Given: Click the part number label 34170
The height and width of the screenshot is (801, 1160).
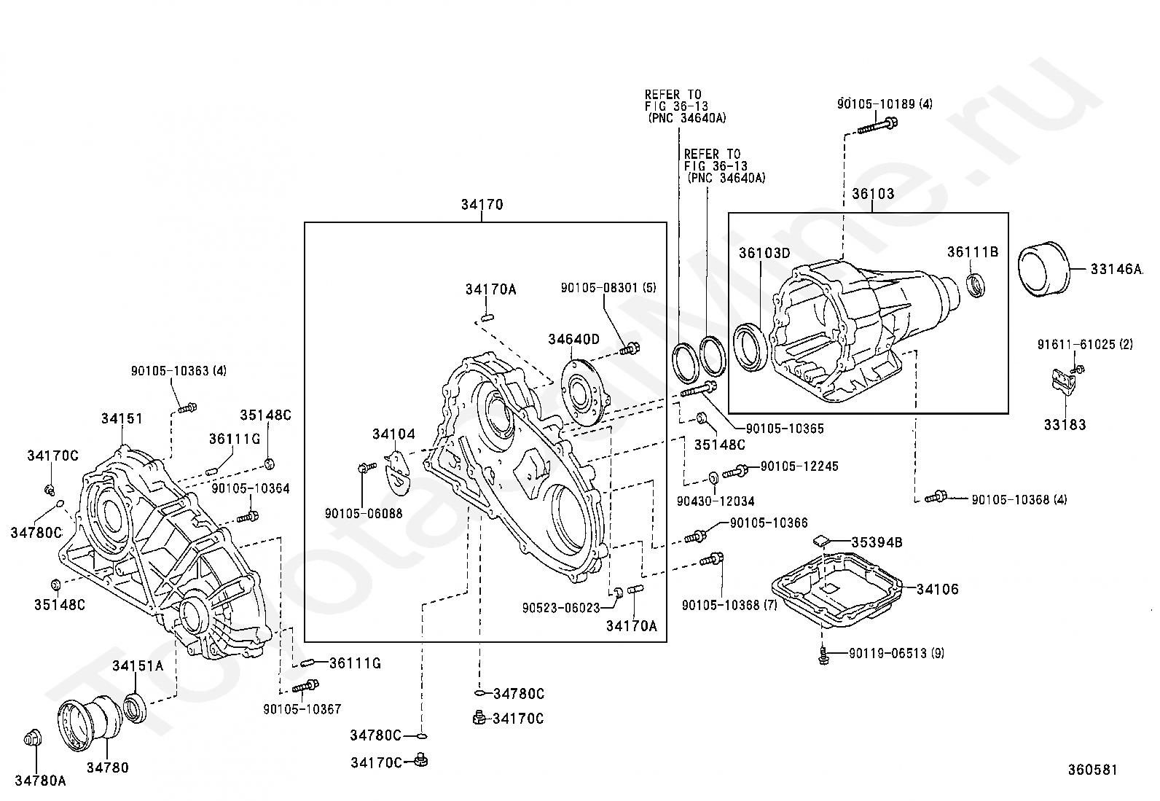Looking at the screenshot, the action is point(482,205).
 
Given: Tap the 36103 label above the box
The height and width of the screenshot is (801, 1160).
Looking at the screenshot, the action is point(873,194).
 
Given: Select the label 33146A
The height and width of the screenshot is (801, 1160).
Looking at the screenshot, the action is point(1116,269).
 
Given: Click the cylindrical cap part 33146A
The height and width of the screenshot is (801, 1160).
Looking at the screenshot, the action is point(1043,269).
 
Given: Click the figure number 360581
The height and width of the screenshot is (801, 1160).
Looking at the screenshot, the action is point(1093,770).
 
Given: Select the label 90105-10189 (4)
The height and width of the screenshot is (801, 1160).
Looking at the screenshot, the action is point(885,104).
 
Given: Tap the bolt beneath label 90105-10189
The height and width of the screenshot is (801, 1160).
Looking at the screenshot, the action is point(877,125).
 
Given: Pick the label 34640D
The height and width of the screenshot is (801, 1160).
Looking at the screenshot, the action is point(573,340).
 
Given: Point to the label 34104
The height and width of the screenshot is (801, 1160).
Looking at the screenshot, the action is point(393,434).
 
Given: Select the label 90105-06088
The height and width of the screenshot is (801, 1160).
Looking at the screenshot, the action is point(364,513).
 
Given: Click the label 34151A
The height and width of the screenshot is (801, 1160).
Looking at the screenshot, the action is point(138,665).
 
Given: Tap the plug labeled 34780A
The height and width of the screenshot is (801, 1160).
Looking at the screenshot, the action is point(33,738).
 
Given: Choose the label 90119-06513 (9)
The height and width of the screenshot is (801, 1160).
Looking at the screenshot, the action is point(896,653).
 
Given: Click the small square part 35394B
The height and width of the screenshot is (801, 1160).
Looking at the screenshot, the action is point(819,541).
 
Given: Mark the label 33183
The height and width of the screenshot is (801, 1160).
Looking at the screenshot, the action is point(1065,425).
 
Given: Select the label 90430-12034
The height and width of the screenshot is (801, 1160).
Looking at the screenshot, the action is point(716,501).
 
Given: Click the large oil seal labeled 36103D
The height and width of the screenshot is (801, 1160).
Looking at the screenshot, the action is point(750,347).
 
